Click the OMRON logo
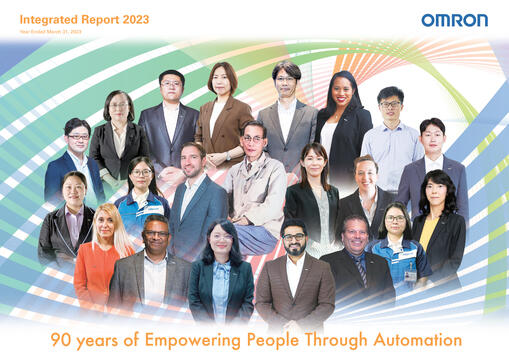click(x=454, y=20)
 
